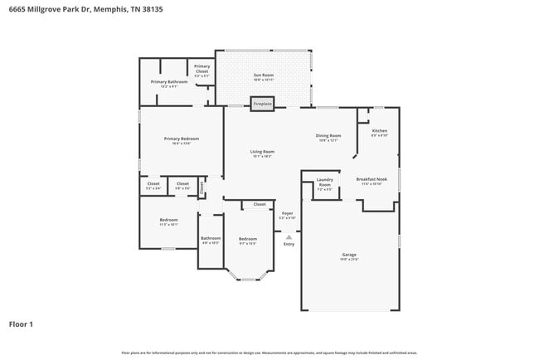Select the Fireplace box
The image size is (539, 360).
click(262, 104)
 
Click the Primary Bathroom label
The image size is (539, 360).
click(169, 83)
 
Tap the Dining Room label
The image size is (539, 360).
click(328, 137)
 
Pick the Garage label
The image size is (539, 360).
click(349, 255)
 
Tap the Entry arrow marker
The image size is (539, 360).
click(289, 236)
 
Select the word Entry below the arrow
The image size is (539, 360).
click(289, 244)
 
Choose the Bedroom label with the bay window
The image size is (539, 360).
click(247, 240)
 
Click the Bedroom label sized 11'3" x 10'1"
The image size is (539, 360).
click(168, 221)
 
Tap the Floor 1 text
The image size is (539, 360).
click(21, 324)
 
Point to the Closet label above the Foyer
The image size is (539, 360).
click(259, 204)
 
